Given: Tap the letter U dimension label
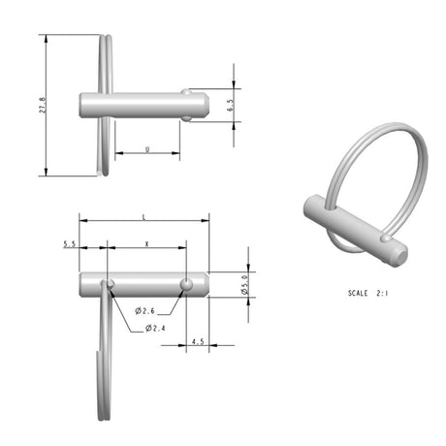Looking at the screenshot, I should click(145, 149).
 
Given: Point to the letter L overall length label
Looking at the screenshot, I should click(143, 214).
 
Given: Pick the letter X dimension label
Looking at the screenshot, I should click(145, 243).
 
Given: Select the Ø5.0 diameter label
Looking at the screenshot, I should click(245, 284).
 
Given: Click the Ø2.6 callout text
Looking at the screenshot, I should click(144, 310).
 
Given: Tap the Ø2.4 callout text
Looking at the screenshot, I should click(155, 328).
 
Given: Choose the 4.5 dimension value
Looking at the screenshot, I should click(198, 341).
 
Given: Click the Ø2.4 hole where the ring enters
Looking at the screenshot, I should click(111, 283).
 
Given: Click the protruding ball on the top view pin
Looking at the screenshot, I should click(187, 118).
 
